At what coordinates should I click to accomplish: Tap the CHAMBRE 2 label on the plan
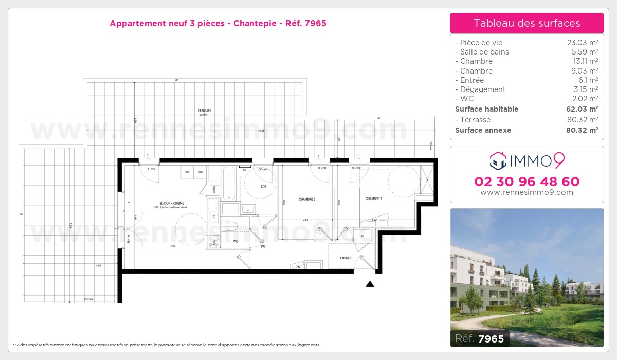(x=307, y=199)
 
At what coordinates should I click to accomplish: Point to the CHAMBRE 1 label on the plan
(x=374, y=199)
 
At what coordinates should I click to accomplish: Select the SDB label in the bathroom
(x=264, y=187)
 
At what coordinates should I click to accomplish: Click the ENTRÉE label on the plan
(x=346, y=258)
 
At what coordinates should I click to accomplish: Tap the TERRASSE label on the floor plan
(x=205, y=111)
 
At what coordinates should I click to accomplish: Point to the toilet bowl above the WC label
(x=229, y=227)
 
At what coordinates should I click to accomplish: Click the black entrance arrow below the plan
(x=370, y=284)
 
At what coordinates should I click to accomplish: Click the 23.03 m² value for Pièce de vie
(x=583, y=43)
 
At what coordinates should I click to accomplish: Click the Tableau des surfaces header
(x=527, y=23)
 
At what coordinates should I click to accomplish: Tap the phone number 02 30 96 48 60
(x=527, y=182)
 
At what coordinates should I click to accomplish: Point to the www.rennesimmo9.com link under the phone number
(x=527, y=192)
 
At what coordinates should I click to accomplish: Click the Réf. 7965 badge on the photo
(x=480, y=338)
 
